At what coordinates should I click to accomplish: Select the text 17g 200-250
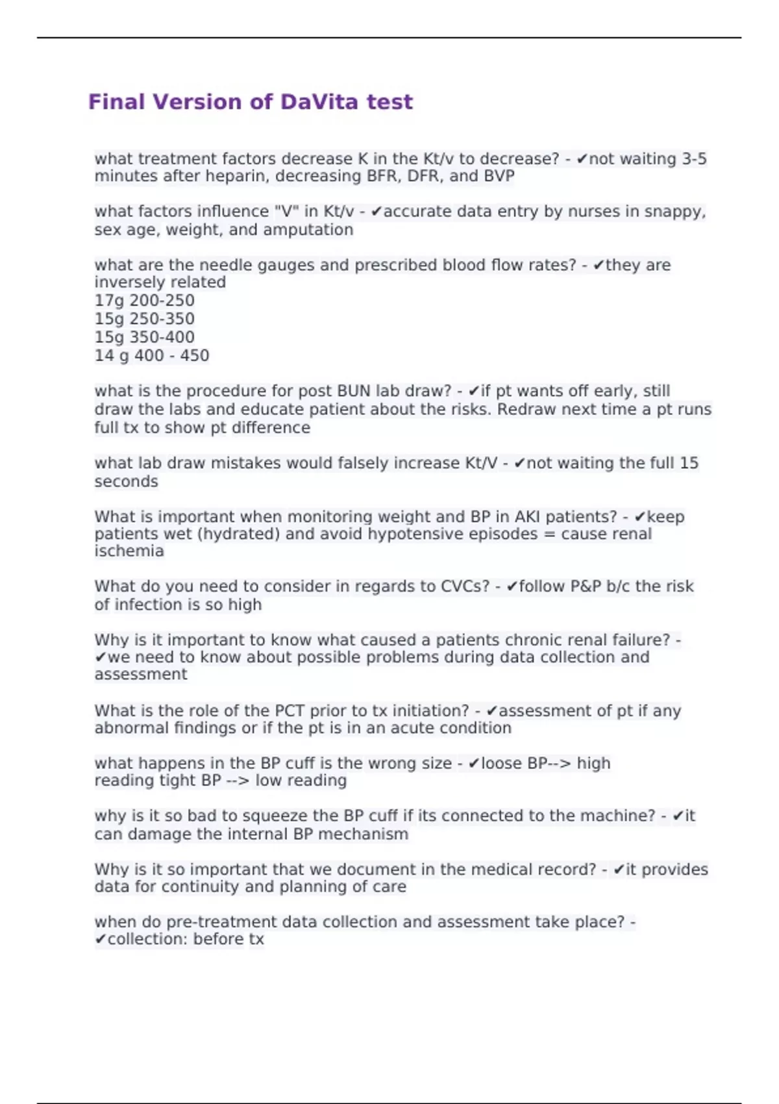tap(144, 301)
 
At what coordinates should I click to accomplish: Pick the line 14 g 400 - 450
tap(151, 356)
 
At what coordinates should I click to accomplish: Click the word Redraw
tap(525, 410)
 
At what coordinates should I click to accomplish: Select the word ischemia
tap(129, 551)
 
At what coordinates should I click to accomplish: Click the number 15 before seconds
tap(689, 463)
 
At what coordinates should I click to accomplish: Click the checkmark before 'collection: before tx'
tap(100, 940)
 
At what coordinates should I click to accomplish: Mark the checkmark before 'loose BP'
tap(473, 764)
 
